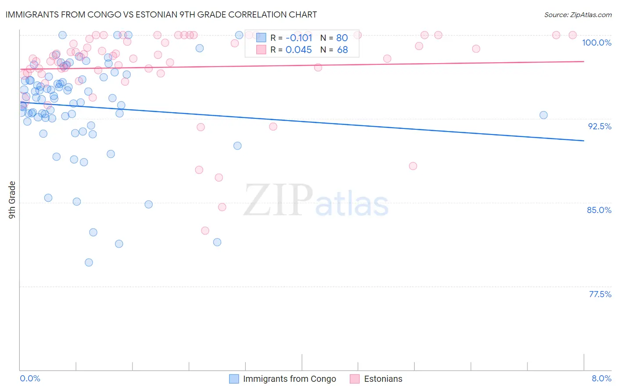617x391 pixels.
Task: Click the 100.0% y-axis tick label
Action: [596, 43]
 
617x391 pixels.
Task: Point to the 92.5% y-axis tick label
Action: [599, 126]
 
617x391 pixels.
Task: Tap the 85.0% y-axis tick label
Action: [599, 210]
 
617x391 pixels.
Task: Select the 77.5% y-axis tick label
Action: [600, 294]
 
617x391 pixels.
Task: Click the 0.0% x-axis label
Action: [30, 378]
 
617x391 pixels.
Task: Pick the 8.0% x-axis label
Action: [601, 378]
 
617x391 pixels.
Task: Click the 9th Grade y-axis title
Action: [12, 199]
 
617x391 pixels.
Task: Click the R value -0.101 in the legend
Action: [298, 38]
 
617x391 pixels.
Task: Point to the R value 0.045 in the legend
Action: [298, 50]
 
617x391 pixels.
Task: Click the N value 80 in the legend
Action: [342, 38]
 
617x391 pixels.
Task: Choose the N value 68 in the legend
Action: [342, 50]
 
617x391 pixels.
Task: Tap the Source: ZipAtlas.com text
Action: [578, 15]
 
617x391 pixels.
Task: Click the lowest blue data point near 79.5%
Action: [89, 263]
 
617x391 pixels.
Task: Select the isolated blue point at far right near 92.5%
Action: [543, 115]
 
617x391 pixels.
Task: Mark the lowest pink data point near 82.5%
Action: [205, 231]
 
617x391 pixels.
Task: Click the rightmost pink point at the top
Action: [572, 35]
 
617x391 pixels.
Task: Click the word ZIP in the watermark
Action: [278, 200]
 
